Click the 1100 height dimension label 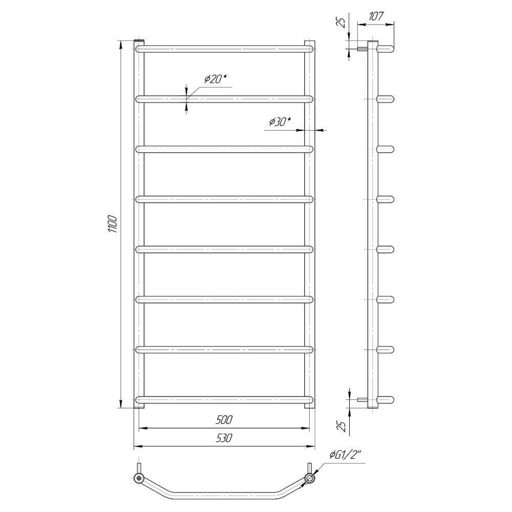click(x=112, y=224)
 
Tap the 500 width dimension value click(x=224, y=420)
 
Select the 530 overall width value click(x=224, y=438)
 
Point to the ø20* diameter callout click(x=215, y=79)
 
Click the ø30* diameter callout click(x=280, y=122)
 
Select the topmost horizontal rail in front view click(x=224, y=49)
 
